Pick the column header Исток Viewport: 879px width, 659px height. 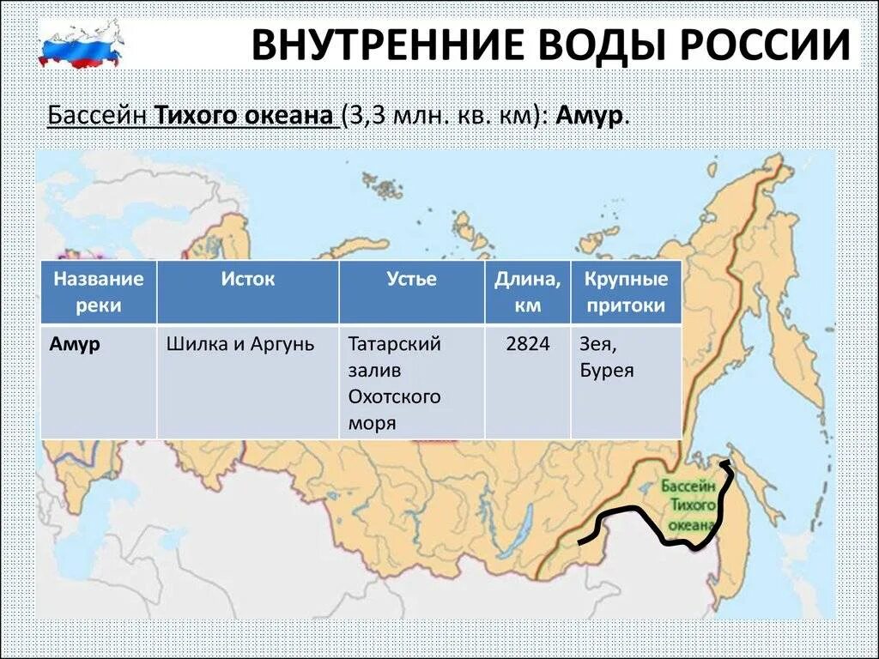pos(247,279)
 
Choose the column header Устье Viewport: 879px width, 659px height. pos(411,279)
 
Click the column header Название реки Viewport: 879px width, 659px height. pos(98,292)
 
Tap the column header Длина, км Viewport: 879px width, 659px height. pos(527,292)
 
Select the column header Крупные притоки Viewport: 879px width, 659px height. pos(626,292)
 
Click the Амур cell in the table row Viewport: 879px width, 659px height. pos(76,344)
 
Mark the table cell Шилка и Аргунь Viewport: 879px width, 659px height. pos(240,344)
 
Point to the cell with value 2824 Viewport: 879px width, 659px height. pos(527,344)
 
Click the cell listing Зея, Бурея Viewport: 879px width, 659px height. pos(608,357)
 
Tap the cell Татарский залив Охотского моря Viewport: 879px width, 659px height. pos(395,384)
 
